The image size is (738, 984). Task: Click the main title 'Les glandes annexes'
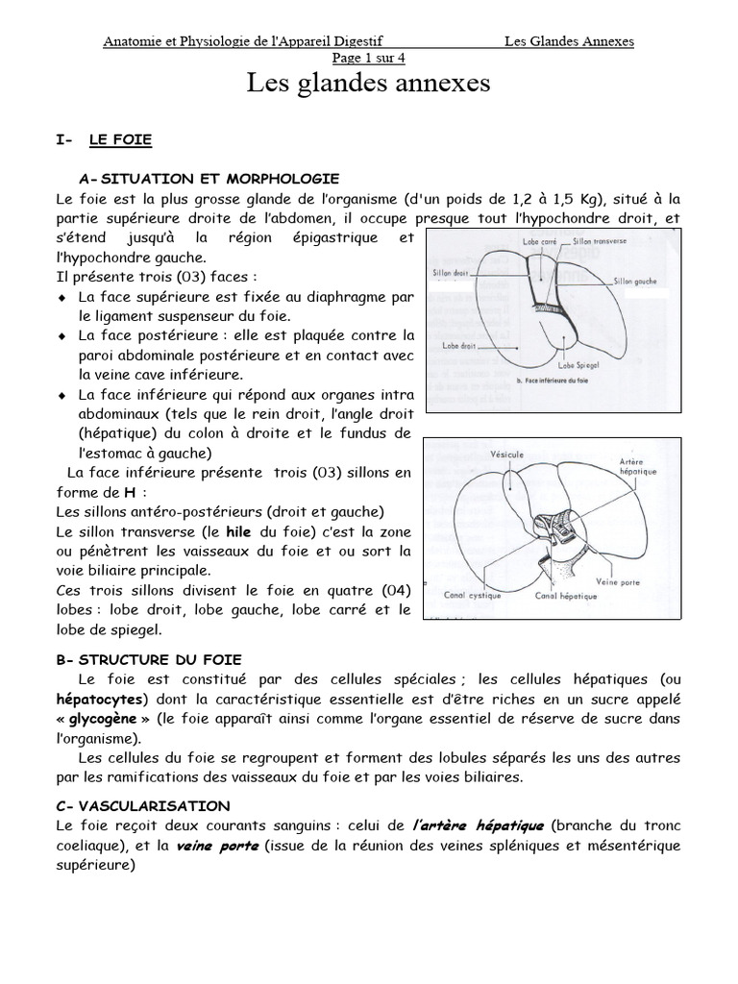pos(369,84)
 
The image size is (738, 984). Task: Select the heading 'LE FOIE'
pos(120,140)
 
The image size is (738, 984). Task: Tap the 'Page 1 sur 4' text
pos(368,57)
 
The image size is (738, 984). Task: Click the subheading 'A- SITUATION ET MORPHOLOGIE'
pos(209,179)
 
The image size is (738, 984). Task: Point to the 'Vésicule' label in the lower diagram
pos(505,453)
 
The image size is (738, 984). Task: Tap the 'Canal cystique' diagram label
pos(472,595)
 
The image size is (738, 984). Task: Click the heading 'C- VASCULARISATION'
pos(143,805)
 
